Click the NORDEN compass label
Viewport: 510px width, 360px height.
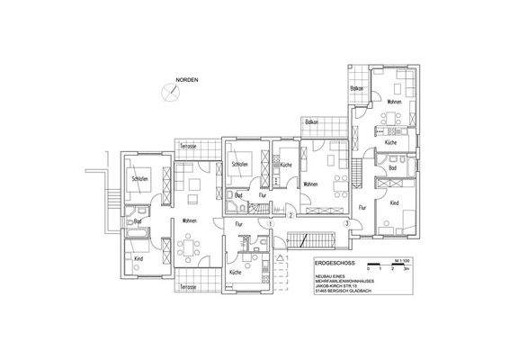pyautogui.click(x=186, y=80)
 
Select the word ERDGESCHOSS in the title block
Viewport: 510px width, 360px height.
pyautogui.click(x=335, y=264)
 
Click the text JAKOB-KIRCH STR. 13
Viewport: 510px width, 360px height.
pyautogui.click(x=338, y=287)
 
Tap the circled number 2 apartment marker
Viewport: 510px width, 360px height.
pyautogui.click(x=291, y=216)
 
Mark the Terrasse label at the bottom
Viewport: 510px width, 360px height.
pyautogui.click(x=187, y=286)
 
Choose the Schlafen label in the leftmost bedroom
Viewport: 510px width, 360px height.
pyautogui.click(x=139, y=180)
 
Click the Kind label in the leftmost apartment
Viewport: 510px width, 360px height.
pyautogui.click(x=139, y=258)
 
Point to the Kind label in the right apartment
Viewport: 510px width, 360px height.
pyautogui.click(x=394, y=203)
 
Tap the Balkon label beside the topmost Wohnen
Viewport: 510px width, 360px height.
pyautogui.click(x=356, y=89)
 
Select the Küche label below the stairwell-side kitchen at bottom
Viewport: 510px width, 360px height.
pyautogui.click(x=235, y=272)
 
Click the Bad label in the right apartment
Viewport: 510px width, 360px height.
pyautogui.click(x=393, y=168)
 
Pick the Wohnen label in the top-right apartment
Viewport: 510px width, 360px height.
pyautogui.click(x=393, y=102)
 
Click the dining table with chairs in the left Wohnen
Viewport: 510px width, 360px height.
pyautogui.click(x=190, y=247)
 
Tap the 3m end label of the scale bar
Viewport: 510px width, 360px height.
pyautogui.click(x=407, y=268)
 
